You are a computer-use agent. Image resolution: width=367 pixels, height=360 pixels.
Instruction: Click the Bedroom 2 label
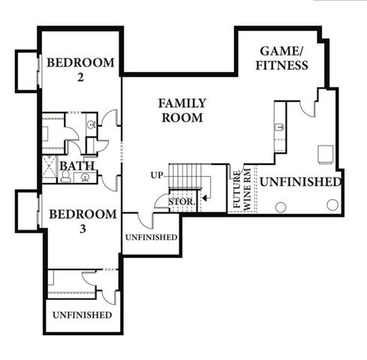80,69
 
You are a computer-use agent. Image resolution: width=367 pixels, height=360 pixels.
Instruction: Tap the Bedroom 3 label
82,221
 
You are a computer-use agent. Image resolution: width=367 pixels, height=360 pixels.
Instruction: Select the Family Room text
182,110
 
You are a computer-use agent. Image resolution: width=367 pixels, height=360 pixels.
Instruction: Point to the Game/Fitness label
284,58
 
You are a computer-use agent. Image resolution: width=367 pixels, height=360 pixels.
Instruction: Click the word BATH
76,166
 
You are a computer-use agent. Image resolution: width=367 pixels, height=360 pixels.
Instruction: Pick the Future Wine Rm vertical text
238,190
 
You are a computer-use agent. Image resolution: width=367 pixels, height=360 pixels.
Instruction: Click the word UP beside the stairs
157,175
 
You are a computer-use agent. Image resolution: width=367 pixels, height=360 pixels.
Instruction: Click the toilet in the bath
66,177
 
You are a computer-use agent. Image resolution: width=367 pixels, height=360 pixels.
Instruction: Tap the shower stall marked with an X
49,169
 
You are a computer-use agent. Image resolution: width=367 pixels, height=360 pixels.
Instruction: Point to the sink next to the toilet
85,178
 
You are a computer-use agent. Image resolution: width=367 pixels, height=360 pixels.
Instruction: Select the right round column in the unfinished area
332,205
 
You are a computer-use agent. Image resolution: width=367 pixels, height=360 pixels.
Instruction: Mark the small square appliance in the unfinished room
326,154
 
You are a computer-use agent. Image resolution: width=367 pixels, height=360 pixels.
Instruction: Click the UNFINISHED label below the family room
151,237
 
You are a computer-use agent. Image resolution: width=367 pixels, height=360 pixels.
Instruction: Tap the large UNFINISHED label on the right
300,182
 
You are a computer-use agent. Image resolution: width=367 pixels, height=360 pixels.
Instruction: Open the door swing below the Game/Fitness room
308,108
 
